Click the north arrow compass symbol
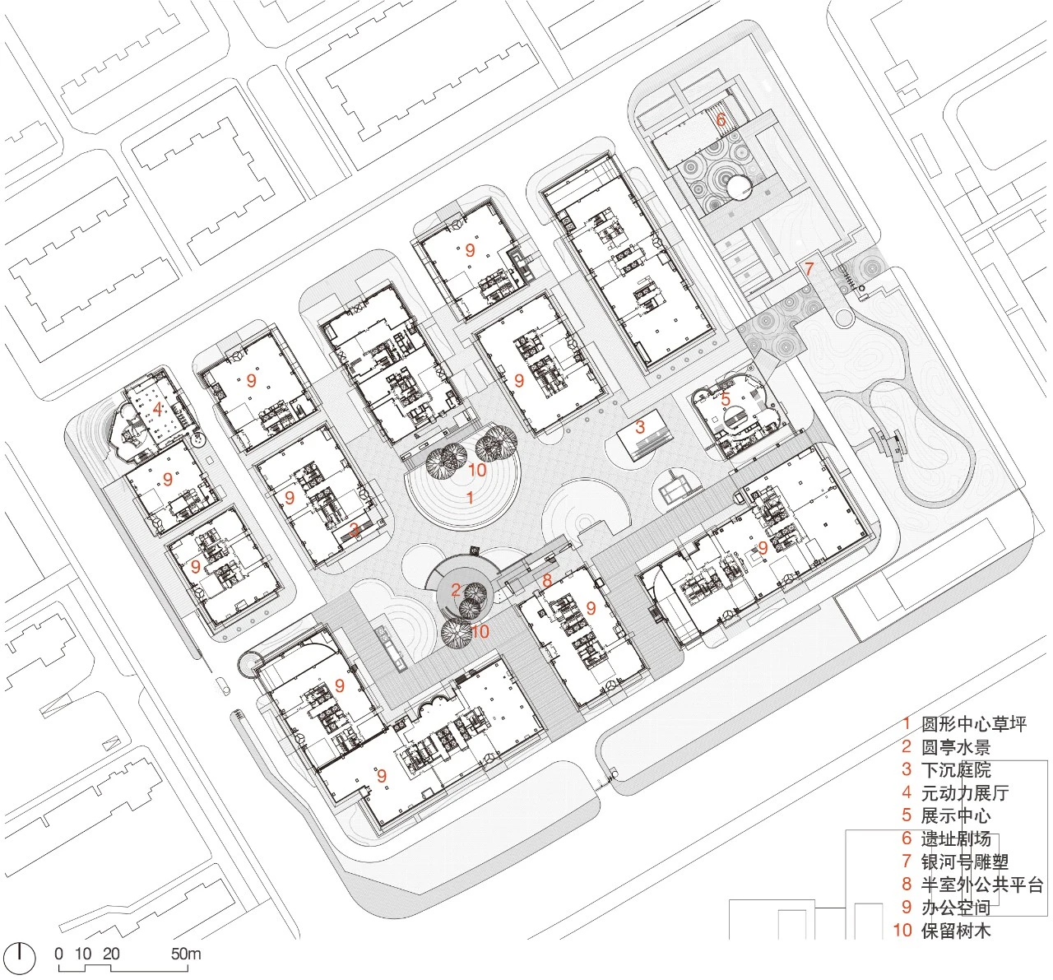(x=20, y=959)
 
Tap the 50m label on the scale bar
(x=186, y=954)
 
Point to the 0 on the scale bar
(x=59, y=954)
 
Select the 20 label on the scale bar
(x=111, y=954)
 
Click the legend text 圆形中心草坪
(x=974, y=724)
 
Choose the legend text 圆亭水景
(x=956, y=746)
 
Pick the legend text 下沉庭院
(x=956, y=769)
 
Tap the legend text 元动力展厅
(x=965, y=792)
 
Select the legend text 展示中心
(x=956, y=815)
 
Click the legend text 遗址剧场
(x=956, y=838)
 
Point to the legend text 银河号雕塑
(x=965, y=862)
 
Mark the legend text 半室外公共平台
(x=982, y=885)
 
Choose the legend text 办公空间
(x=956, y=908)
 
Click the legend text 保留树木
(x=956, y=930)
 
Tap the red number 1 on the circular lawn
(x=470, y=497)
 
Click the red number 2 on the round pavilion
(x=456, y=589)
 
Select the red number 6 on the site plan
(x=721, y=119)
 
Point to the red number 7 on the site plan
(x=809, y=269)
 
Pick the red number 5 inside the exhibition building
(x=726, y=398)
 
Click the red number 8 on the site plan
(x=547, y=580)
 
